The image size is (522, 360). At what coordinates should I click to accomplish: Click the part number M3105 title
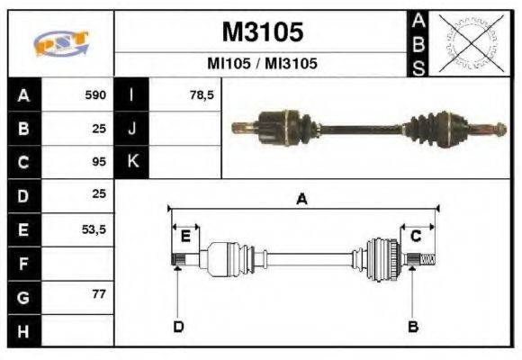pos(262,32)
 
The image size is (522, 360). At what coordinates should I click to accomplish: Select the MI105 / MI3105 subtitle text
pos(262,64)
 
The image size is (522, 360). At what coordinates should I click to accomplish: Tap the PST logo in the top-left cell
pos(60,44)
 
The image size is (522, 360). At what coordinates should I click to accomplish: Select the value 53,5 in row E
pos(94,229)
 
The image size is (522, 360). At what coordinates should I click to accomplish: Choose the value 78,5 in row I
pos(202,94)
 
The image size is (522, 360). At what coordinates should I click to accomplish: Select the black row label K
pos(131,162)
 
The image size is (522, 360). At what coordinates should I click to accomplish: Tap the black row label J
pos(131,129)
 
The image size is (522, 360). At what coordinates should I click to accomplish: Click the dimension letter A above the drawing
pos(302,200)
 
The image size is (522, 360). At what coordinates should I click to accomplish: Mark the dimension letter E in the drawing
pos(185,237)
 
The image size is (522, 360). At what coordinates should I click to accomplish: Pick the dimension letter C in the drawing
pos(416,237)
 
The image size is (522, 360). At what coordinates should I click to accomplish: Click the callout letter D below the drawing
pos(178,326)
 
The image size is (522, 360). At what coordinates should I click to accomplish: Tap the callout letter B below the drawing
pos(414,326)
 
